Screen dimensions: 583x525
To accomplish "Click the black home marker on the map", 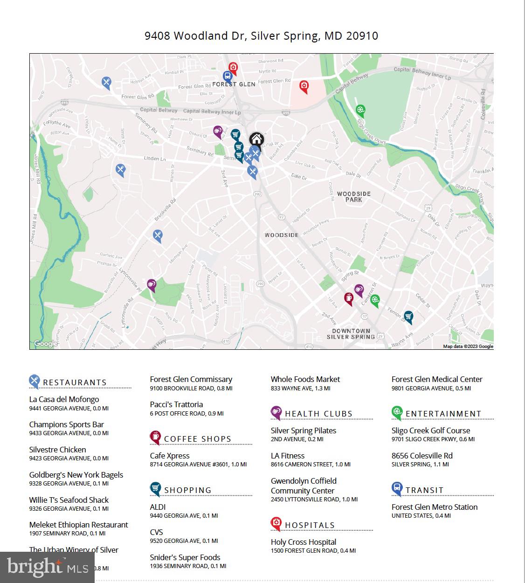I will click(256, 139).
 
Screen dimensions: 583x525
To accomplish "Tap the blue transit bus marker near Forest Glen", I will click(228, 77).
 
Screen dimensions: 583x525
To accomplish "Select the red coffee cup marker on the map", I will click(349, 298).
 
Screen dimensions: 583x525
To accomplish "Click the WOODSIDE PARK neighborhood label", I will click(354, 196).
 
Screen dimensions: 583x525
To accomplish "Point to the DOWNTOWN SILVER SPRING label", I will click(351, 333).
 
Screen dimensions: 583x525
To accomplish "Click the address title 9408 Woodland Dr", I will click(261, 36).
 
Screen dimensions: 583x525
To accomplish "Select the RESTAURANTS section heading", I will click(75, 382).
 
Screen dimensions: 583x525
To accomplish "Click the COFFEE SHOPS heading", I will click(197, 439).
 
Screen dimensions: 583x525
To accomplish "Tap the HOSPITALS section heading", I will click(310, 525).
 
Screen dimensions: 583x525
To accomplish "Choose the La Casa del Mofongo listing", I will click(64, 399).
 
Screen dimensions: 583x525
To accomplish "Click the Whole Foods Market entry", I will click(305, 379).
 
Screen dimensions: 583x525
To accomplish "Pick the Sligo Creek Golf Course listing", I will click(431, 430).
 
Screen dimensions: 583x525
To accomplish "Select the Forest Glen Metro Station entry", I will click(435, 507).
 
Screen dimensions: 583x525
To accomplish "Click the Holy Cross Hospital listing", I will click(304, 542).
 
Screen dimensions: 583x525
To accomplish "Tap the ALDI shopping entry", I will click(158, 507).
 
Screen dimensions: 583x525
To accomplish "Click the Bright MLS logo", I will click(47, 567).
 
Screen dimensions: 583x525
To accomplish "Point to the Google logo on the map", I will click(45, 344).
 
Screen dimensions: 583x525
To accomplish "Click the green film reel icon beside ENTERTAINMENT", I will click(397, 412).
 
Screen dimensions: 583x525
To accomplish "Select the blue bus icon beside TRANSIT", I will click(397, 489).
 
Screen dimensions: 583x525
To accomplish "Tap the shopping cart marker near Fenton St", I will click(408, 317).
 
